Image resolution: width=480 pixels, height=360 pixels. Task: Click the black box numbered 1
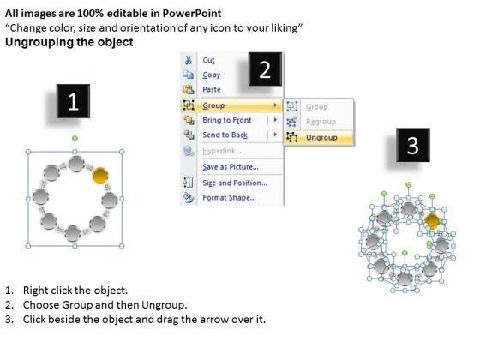click(73, 101)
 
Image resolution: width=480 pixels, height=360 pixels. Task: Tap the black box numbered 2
click(265, 69)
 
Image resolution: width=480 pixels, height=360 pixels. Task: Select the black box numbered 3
click(413, 145)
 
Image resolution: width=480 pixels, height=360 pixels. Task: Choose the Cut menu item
click(209, 60)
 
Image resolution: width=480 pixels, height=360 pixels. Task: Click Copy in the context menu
click(211, 75)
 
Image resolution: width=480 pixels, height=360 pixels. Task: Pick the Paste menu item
click(212, 90)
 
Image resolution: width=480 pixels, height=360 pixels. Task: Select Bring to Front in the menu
click(227, 120)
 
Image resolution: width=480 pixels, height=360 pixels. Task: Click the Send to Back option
click(225, 135)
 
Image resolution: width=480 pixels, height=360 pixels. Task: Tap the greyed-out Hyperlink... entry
click(222, 151)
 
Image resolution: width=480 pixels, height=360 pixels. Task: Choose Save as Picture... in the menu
click(231, 167)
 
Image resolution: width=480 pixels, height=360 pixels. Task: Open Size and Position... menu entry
click(235, 183)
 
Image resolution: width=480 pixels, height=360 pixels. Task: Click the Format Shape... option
click(229, 198)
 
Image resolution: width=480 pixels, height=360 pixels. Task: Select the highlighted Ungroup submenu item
click(321, 138)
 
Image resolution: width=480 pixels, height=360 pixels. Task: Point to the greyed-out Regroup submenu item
click(321, 122)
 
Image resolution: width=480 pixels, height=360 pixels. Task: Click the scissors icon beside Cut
click(189, 60)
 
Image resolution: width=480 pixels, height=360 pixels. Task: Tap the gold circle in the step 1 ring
click(100, 176)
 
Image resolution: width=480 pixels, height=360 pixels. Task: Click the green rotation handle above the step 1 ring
click(75, 139)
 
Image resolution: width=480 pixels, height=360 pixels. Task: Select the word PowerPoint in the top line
click(192, 13)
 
